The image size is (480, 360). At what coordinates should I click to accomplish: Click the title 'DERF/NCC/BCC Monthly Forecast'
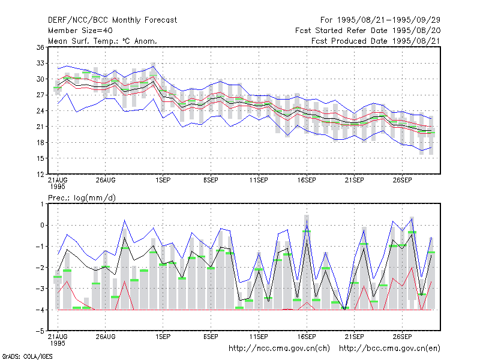112,20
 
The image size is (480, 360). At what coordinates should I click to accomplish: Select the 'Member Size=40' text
80,31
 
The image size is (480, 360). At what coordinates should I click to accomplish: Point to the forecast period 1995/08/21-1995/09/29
380,20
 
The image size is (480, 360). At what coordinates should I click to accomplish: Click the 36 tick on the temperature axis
40,47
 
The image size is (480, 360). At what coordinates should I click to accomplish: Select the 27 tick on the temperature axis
40,95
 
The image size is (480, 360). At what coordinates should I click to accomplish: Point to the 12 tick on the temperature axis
40,174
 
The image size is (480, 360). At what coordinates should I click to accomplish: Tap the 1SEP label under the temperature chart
163,181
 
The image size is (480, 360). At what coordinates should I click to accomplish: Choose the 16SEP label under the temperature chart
307,181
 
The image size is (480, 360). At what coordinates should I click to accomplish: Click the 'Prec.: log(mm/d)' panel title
82,198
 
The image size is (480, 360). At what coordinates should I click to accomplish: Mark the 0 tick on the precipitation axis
42,226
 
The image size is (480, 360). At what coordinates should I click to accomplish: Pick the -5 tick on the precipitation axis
40,331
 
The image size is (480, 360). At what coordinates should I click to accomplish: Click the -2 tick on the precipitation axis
40,268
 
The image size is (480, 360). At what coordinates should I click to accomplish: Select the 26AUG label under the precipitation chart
106,337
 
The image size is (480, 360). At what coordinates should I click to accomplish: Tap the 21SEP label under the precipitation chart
354,337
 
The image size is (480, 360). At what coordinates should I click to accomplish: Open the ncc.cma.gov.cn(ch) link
279,349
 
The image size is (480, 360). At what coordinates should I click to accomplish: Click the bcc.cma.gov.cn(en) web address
389,349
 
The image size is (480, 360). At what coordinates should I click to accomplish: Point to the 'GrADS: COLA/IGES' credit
27,356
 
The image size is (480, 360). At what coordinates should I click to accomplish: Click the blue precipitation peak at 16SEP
307,220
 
